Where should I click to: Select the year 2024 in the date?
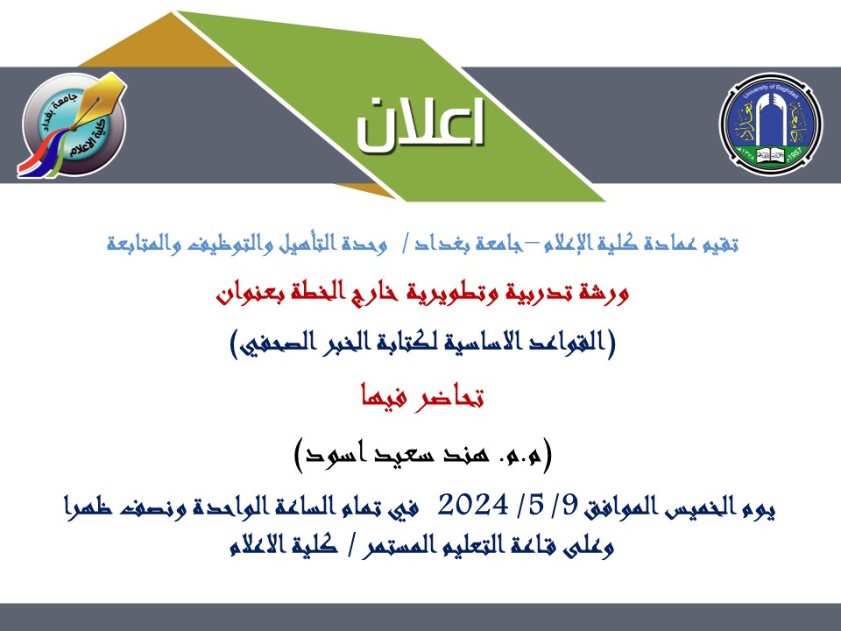[472, 505]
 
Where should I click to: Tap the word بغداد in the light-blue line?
[432, 245]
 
